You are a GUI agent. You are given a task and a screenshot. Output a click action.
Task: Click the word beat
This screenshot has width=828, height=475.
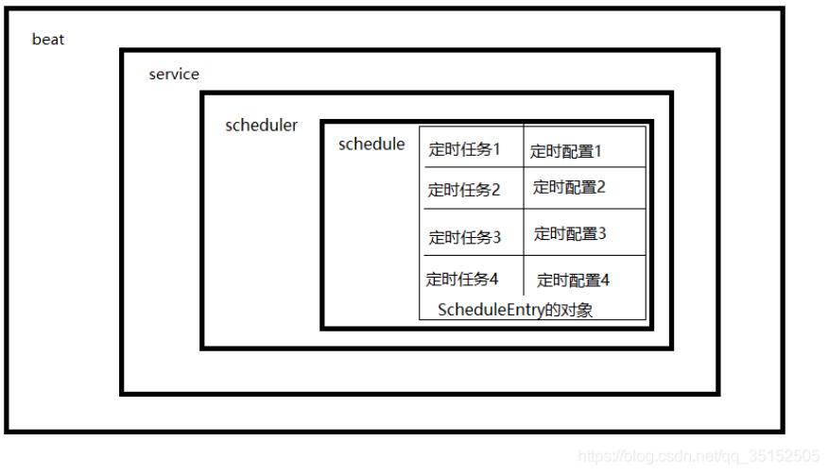pos(48,40)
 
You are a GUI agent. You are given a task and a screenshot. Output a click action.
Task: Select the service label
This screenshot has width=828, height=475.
pos(174,75)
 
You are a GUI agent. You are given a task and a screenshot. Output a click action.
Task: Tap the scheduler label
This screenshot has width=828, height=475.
pos(261,126)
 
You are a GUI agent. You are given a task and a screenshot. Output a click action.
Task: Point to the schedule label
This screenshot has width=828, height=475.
pos(371,144)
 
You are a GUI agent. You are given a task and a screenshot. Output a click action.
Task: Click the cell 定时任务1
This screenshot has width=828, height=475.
pos(464,149)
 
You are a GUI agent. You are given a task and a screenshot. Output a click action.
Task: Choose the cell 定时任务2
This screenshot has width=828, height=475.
pos(463,190)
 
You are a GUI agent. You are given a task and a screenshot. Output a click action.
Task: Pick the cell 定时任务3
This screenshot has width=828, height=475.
pos(464,237)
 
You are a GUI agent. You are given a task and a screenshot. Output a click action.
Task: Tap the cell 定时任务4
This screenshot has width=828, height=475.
pos(462,279)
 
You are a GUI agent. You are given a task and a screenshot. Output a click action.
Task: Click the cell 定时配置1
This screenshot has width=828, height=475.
pos(565,150)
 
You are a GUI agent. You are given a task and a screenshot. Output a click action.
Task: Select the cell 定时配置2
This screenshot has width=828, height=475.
pos(569,187)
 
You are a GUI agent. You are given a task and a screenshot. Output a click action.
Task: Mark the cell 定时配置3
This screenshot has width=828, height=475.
pos(570,233)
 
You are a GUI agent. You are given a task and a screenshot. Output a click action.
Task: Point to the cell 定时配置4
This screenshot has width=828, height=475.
pos(574,280)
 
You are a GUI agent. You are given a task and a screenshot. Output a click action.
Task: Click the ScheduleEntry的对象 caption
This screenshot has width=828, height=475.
pos(515,310)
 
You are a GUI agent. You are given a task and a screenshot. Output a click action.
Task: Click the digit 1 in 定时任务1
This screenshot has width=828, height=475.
pos(495,149)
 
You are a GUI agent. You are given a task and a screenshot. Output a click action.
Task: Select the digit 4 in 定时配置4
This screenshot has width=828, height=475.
pos(605,280)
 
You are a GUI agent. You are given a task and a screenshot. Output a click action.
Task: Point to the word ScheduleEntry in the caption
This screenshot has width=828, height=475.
pos(491,310)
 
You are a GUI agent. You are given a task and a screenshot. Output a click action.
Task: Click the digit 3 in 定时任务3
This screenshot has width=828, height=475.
pos(496,237)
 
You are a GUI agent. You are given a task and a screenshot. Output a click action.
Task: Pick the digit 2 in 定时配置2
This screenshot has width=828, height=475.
pos(600,187)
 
